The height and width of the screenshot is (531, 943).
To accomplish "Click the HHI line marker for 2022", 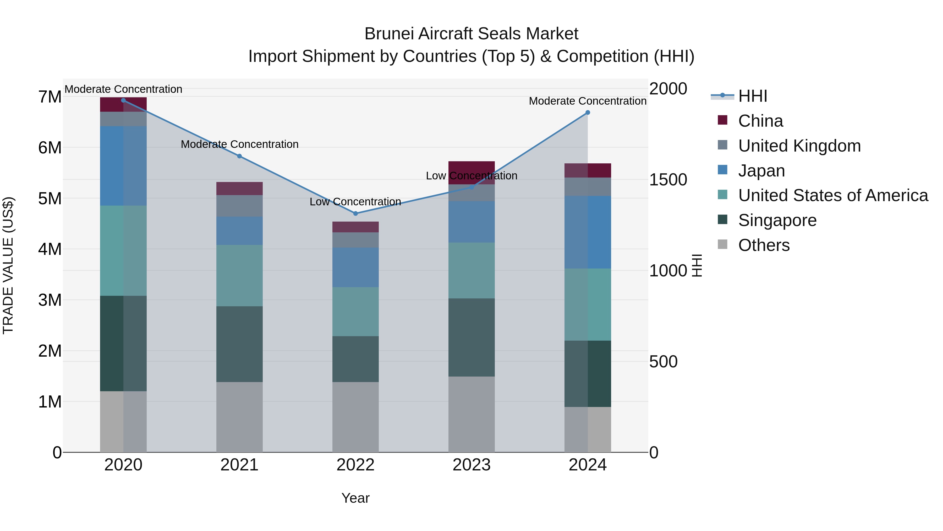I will coord(355,213).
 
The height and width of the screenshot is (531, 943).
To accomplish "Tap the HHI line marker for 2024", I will coord(588,112).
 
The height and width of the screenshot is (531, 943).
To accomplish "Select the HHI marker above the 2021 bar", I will coord(239,156).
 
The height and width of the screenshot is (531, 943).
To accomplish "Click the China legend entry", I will coord(760,121).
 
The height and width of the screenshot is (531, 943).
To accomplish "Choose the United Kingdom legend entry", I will coord(799,146).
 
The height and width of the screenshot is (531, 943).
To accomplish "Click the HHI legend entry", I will coord(753,96).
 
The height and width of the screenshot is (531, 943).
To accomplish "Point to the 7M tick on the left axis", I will coord(50,97).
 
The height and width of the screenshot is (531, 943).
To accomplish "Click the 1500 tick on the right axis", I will coord(668,180).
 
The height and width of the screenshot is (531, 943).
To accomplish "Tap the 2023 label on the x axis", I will coord(471,465).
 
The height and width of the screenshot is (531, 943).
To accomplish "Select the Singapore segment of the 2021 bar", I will coord(239,344).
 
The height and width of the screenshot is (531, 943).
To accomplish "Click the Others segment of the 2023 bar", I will coord(471,414).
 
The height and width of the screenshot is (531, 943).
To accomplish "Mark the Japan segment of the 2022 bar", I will coord(355,267).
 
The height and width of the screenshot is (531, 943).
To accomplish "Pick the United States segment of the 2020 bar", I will coord(123,250).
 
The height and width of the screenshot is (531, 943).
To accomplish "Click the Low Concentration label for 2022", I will coord(355,202).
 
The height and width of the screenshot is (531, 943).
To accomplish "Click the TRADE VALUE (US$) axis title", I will coord(8,265).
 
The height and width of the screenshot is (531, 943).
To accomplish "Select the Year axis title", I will coord(355,498).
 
